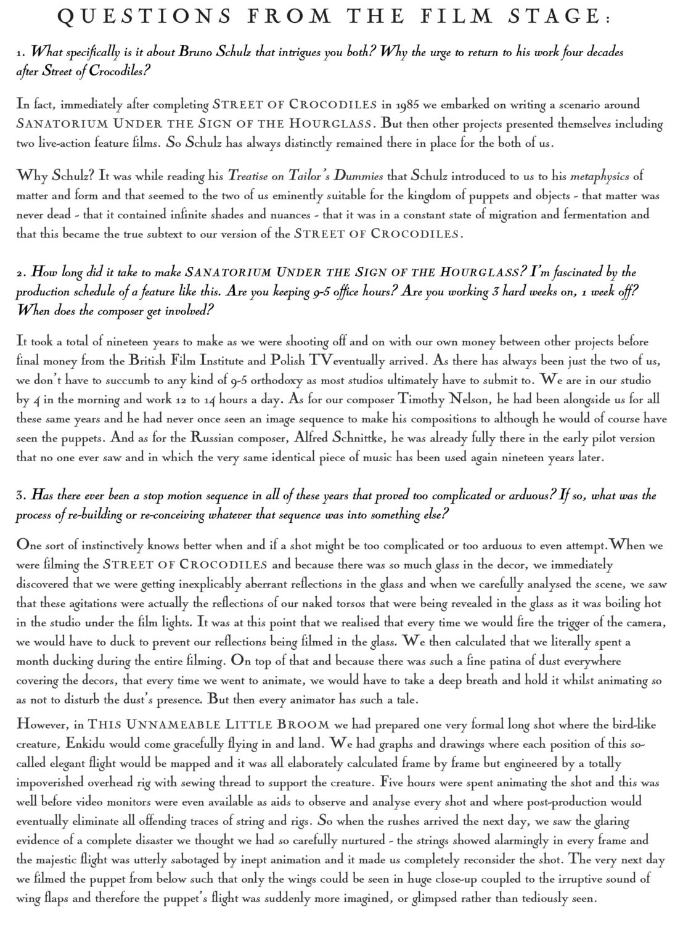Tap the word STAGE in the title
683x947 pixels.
(558, 18)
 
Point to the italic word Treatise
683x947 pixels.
(248, 176)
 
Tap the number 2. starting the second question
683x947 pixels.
(21, 273)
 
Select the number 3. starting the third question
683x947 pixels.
(21, 496)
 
